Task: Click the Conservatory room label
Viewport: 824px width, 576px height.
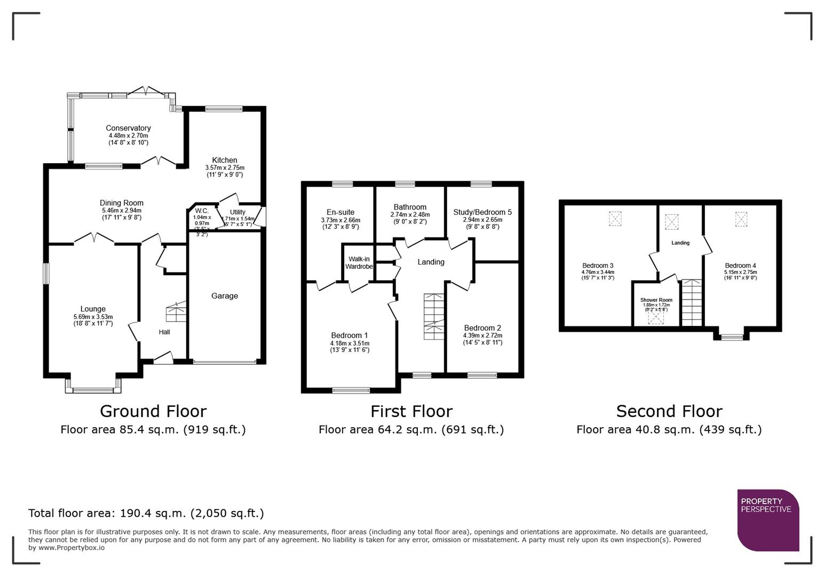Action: (128, 128)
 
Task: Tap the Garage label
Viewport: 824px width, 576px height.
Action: (224, 296)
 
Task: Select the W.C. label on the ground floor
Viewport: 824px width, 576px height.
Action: (201, 211)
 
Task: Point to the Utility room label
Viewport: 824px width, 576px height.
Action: (237, 212)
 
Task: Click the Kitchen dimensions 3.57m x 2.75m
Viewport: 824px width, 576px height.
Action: (225, 167)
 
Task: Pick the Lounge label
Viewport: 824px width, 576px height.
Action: (93, 309)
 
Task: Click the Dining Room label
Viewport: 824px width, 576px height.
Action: (122, 203)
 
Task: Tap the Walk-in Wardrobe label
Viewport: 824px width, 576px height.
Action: (359, 263)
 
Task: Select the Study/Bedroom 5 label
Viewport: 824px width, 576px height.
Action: (482, 212)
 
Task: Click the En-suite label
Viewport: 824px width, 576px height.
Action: (340, 212)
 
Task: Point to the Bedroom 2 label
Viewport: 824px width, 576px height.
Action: (482, 328)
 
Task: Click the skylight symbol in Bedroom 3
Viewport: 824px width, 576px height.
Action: (615, 219)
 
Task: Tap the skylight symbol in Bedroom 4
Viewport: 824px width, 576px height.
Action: (741, 219)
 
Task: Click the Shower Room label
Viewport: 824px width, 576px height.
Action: (656, 300)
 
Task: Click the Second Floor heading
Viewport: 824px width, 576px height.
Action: (669, 411)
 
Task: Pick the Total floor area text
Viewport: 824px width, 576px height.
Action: (146, 513)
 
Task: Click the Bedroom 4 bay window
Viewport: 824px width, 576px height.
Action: (732, 337)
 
